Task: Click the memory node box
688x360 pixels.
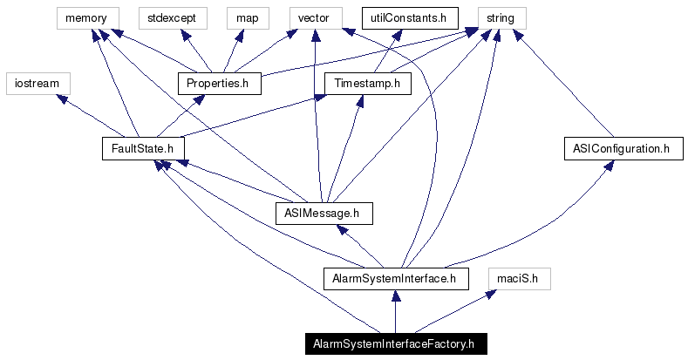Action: point(85,17)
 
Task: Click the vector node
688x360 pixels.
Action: point(313,17)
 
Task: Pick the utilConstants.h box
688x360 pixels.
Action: point(404,17)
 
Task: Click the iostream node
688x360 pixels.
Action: point(37,83)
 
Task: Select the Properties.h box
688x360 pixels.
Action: point(219,83)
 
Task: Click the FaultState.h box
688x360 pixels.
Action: point(144,148)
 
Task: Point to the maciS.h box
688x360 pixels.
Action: point(518,279)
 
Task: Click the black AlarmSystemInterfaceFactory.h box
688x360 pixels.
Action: point(394,343)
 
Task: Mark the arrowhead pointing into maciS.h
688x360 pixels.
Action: point(491,295)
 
